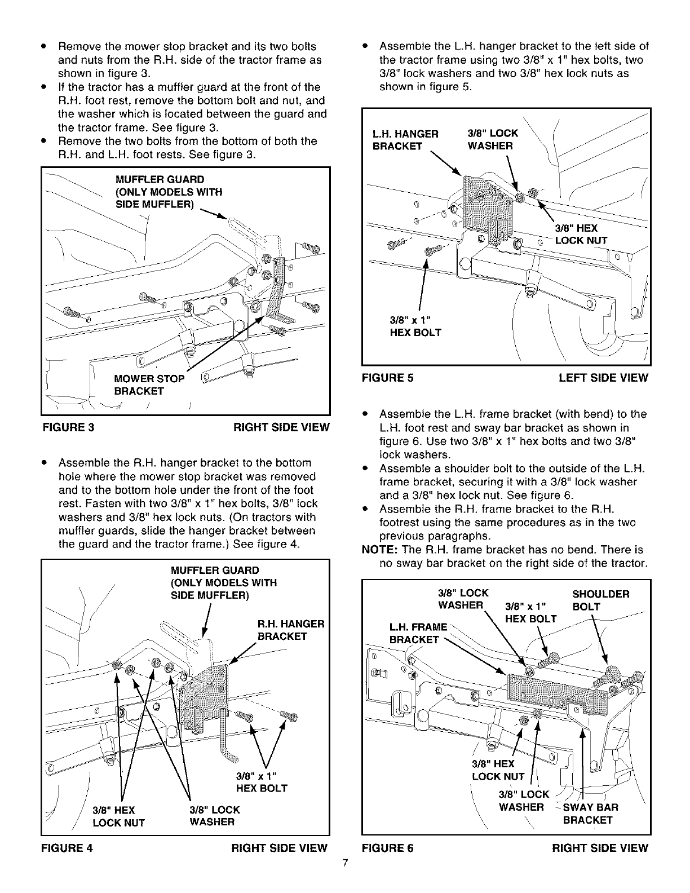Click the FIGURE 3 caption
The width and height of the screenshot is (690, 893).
68,427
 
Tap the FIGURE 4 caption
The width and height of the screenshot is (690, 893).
68,847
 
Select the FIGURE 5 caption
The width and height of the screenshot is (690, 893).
387,378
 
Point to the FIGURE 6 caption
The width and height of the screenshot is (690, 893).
387,847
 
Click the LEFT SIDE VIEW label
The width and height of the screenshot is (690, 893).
603,378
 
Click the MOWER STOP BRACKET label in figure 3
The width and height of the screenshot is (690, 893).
149,384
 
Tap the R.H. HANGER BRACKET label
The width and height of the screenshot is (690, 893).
290,630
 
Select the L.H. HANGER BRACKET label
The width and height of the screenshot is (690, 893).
405,140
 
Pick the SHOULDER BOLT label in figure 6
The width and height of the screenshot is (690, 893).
600,600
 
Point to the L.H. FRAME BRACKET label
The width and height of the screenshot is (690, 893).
418,633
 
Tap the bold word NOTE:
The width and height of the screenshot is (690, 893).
379,549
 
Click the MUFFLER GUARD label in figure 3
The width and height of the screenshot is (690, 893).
168,192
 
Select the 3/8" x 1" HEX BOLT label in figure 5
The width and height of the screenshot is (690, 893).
415,326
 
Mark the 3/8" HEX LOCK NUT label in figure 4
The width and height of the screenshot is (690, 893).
118,816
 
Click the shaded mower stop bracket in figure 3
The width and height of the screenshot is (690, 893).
276,285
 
